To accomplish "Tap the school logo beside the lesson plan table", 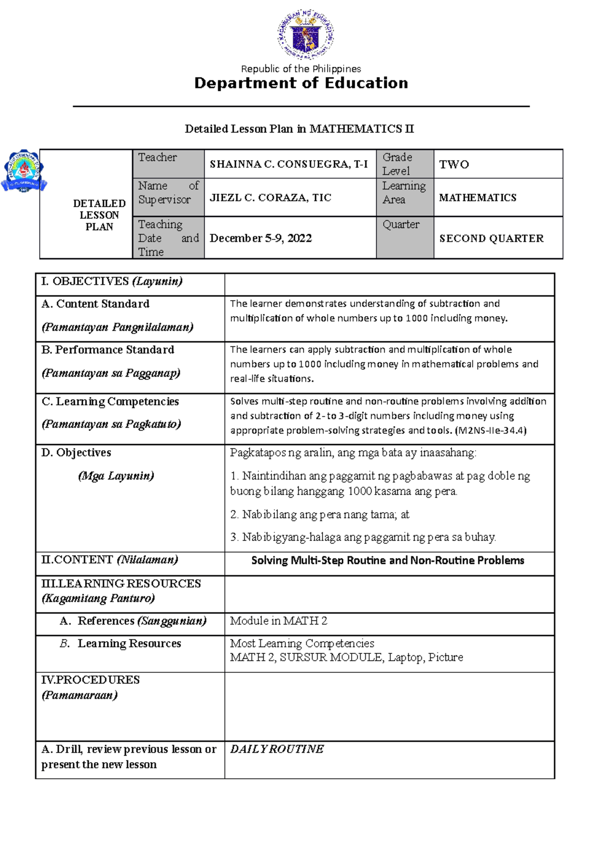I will point(24,171).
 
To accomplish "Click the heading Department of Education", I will point(301,83).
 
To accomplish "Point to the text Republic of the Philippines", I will point(301,69).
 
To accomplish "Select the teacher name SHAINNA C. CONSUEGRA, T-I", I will point(288,165).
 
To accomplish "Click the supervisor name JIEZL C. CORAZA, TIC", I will point(270,198).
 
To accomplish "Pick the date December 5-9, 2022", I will point(261,238).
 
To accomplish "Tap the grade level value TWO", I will point(454,165).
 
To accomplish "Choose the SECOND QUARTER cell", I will point(491,239).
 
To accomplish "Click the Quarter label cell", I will point(401,225).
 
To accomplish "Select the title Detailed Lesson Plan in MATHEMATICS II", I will point(299,129).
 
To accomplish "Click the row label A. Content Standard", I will point(95,304).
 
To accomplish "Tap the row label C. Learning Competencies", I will point(110,402).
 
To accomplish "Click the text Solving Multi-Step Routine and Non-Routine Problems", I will point(388,560).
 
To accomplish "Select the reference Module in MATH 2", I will point(278,621).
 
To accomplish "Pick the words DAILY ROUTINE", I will point(277,749).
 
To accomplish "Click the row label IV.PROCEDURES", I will point(90,680).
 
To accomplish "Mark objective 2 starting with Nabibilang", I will point(320,515).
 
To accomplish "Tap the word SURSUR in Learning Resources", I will point(305,658).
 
